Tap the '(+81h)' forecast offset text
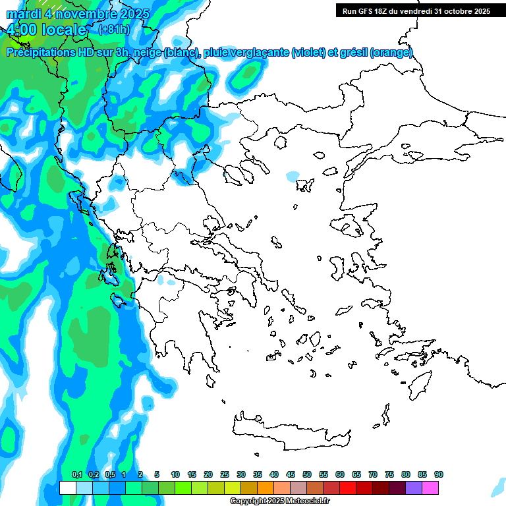click(113, 29)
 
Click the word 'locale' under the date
click(63, 30)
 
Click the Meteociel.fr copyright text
click(279, 501)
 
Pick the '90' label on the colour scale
click(438, 474)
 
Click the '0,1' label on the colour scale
click(76, 474)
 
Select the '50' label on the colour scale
click(306, 474)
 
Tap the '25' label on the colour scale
click(225, 474)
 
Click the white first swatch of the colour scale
click(67, 488)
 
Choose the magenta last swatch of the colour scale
click(430, 488)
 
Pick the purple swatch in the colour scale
click(414, 488)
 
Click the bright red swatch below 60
click(348, 488)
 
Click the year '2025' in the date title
click(130, 14)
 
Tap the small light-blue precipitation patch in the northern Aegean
click(292, 177)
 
